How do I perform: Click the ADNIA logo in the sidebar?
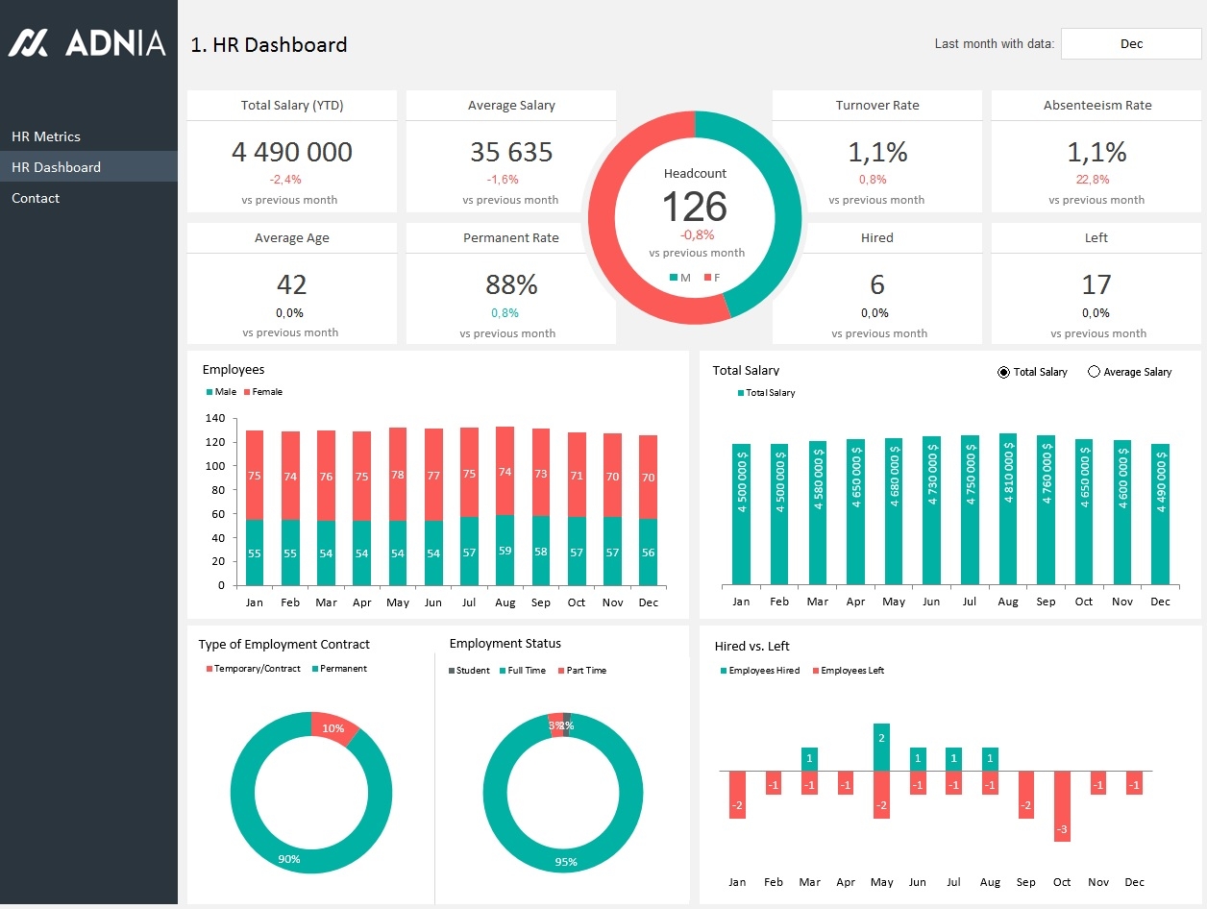(x=87, y=42)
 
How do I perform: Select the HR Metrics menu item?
(x=46, y=136)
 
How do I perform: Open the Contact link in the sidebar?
(x=36, y=198)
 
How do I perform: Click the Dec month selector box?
(x=1131, y=44)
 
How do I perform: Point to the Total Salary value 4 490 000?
(x=291, y=152)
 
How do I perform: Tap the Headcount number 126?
(x=695, y=207)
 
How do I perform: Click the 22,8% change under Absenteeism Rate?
(x=1096, y=179)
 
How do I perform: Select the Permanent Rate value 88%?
(x=511, y=284)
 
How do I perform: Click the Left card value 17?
(x=1096, y=284)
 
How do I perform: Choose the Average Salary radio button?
(x=1094, y=372)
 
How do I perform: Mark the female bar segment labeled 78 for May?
(x=398, y=475)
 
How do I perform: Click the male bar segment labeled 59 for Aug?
(x=505, y=551)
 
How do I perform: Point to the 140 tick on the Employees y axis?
(x=215, y=419)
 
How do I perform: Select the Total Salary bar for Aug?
(x=1008, y=509)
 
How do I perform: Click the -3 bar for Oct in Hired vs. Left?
(x=1062, y=806)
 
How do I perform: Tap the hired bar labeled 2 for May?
(x=881, y=747)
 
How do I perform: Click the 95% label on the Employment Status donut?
(x=566, y=862)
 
